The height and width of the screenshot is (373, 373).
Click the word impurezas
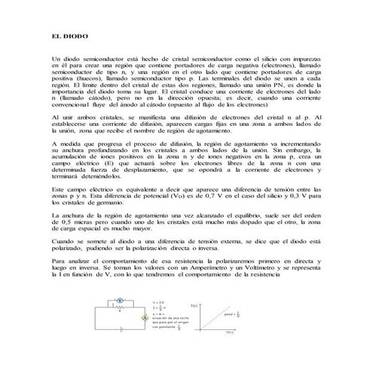304,57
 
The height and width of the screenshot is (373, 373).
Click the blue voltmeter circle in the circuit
119,300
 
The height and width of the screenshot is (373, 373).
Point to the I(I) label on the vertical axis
194,304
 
